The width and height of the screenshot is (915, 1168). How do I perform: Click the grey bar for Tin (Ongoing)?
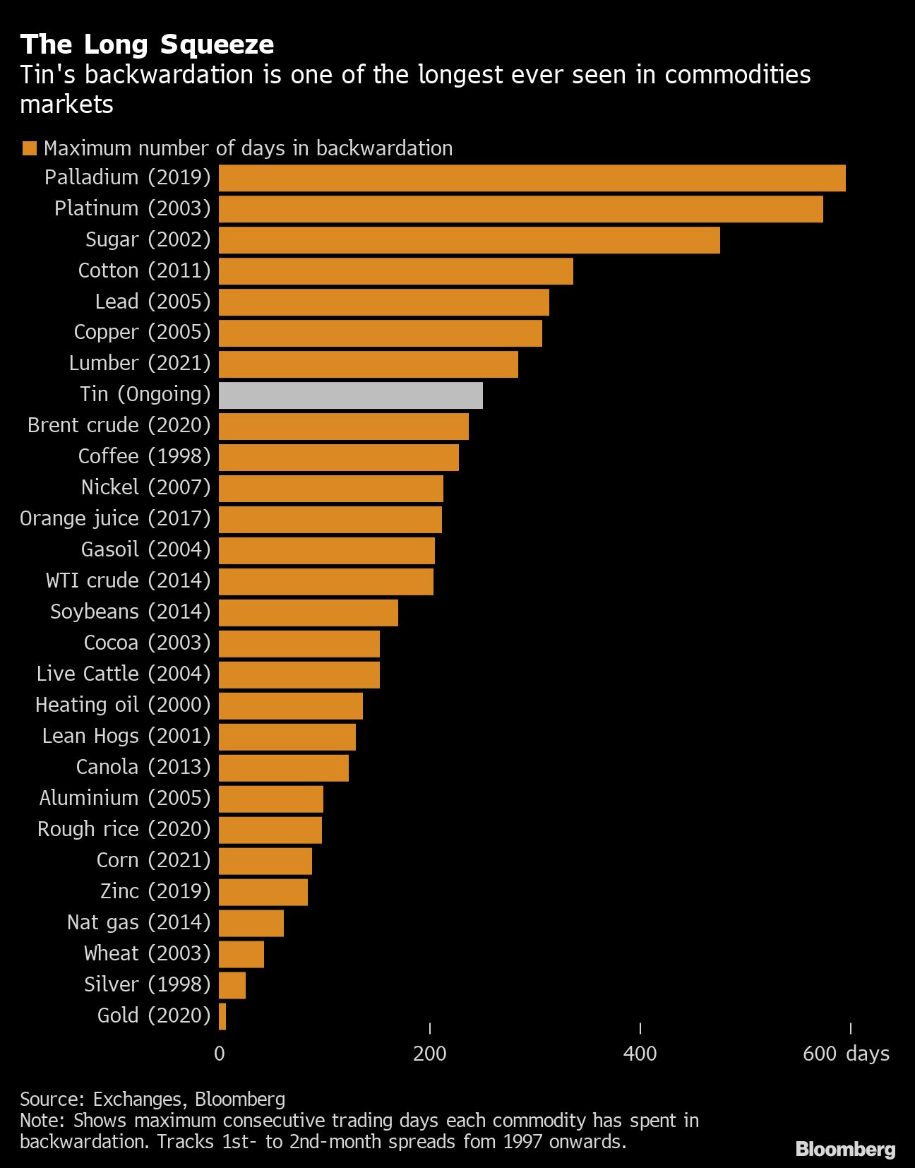pyautogui.click(x=350, y=395)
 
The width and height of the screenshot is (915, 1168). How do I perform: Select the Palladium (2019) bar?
pyautogui.click(x=532, y=178)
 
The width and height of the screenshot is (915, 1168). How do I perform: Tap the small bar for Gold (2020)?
pyautogui.click(x=222, y=1016)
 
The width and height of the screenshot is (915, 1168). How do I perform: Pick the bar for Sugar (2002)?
pyautogui.click(x=469, y=240)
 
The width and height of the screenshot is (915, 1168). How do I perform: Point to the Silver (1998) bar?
pyautogui.click(x=232, y=985)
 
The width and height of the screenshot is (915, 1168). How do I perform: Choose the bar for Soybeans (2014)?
pyautogui.click(x=308, y=612)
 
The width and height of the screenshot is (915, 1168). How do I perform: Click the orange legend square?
pyautogui.click(x=30, y=148)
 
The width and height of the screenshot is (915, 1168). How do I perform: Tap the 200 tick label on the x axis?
pyautogui.click(x=429, y=1054)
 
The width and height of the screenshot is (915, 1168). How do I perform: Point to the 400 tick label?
pyautogui.click(x=640, y=1054)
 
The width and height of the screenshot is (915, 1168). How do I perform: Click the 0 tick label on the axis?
pyautogui.click(x=220, y=1054)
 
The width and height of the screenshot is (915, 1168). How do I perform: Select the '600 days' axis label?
pyautogui.click(x=846, y=1054)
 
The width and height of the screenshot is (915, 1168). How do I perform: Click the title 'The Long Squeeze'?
pyautogui.click(x=147, y=44)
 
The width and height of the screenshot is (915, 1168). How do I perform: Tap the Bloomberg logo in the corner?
pyautogui.click(x=845, y=1149)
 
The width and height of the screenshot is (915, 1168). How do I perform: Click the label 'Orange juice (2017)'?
pyautogui.click(x=115, y=519)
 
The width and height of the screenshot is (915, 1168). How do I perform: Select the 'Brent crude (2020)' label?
pyautogui.click(x=119, y=426)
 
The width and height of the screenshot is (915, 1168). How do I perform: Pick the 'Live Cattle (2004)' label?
pyautogui.click(x=124, y=674)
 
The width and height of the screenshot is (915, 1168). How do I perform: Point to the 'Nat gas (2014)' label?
pyautogui.click(x=138, y=923)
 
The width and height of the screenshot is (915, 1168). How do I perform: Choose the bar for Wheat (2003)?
pyautogui.click(x=241, y=954)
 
